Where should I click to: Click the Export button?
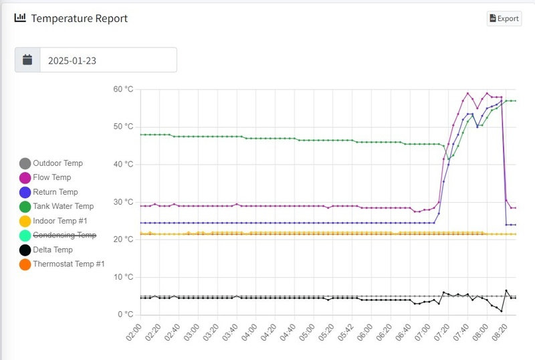pos(504,18)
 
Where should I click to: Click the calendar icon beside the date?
pos(27,60)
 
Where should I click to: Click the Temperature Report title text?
pos(79,18)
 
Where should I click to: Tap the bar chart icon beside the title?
pos(20,18)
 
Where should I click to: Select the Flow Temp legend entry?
pos(51,178)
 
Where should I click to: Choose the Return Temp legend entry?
pos(56,192)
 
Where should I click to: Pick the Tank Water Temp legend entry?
pos(63,207)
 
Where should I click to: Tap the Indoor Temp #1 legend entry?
pos(60,221)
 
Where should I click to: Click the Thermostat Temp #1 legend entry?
pos(68,264)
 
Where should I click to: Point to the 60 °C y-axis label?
pos(123,89)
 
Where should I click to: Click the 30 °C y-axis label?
pos(123,202)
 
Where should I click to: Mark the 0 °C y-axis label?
pos(126,314)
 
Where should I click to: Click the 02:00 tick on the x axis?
pos(134,333)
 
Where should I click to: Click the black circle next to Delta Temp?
pos(25,250)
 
